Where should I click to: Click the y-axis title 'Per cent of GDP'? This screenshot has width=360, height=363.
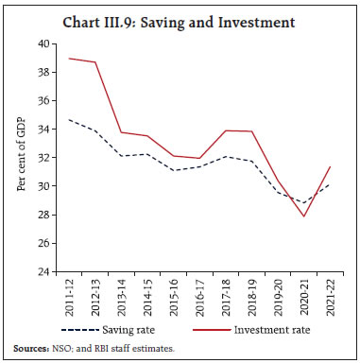(21, 158)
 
